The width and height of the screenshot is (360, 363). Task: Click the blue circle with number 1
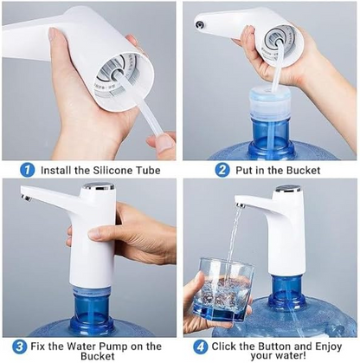coord(28,170)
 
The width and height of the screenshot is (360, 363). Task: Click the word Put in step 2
coord(245,170)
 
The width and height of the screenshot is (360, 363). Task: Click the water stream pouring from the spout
coord(231,247)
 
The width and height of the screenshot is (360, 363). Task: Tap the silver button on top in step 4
coord(286,188)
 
